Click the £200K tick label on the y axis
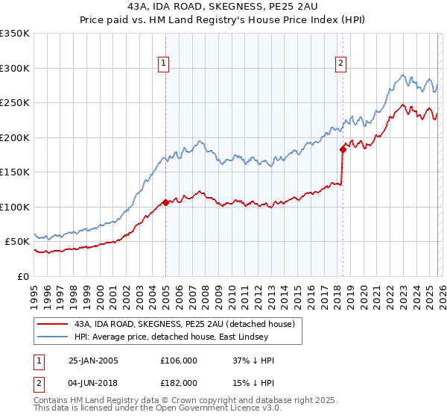click(x=15, y=137)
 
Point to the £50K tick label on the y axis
click(x=17, y=242)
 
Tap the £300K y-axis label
click(x=15, y=68)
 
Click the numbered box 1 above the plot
click(x=162, y=63)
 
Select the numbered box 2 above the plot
click(x=340, y=63)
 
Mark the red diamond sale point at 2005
click(x=165, y=202)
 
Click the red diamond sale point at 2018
click(x=343, y=149)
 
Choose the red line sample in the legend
click(x=54, y=324)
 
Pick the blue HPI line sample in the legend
click(x=54, y=337)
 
